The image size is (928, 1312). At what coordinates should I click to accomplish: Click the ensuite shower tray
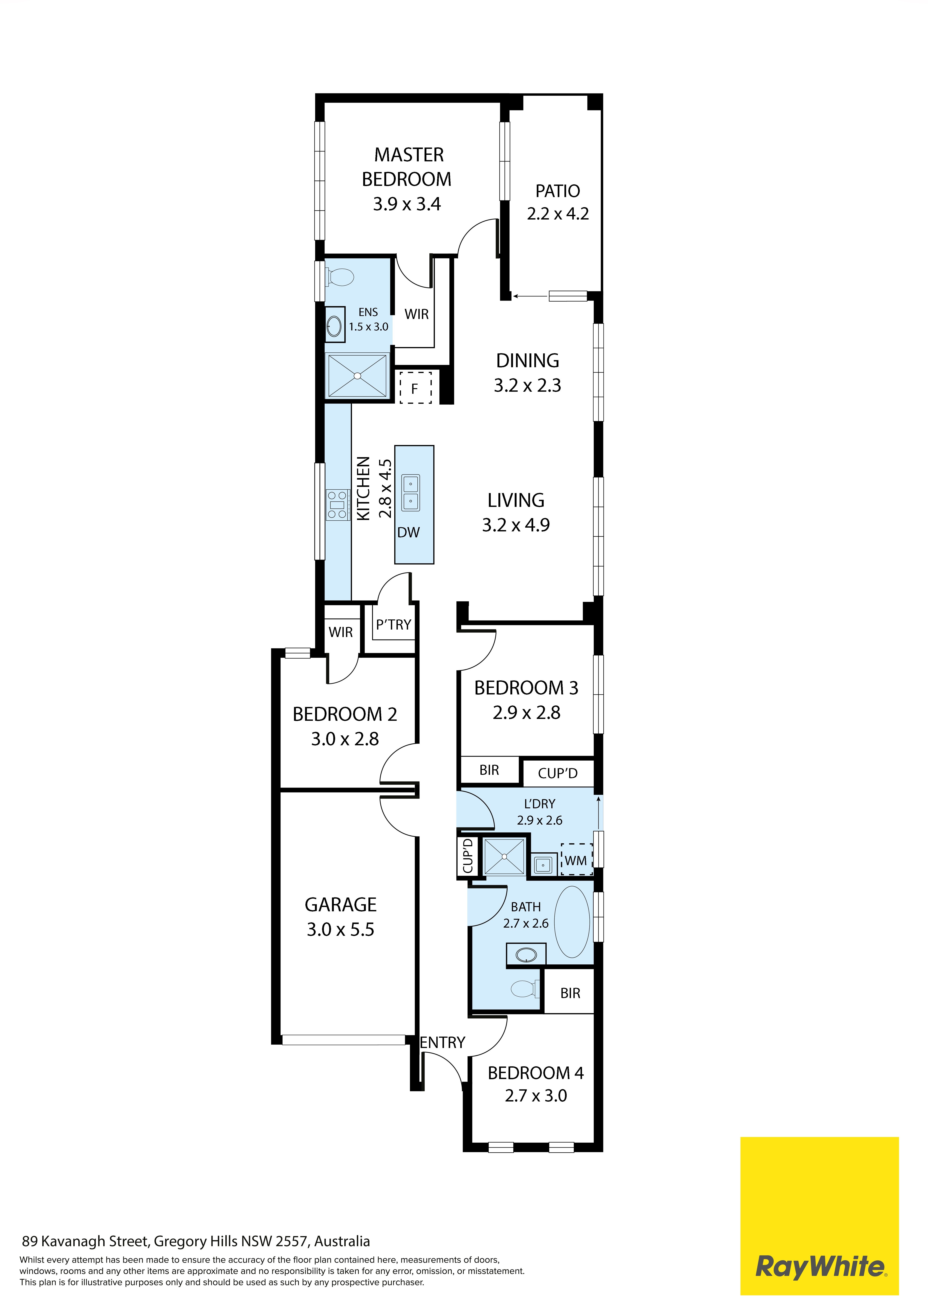(x=357, y=375)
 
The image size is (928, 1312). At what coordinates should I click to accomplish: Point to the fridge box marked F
(x=415, y=388)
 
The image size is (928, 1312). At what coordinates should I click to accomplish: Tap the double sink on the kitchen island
(x=410, y=492)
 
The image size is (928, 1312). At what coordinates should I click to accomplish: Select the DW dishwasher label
(x=409, y=533)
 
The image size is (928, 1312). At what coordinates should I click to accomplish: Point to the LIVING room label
(x=516, y=501)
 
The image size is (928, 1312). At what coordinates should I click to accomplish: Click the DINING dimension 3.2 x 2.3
(x=527, y=386)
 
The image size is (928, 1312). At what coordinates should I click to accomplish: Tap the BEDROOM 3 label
(x=526, y=688)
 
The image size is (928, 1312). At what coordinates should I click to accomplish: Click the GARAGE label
(x=341, y=905)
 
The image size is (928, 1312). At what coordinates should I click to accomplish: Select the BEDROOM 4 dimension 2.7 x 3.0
(x=536, y=1096)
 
